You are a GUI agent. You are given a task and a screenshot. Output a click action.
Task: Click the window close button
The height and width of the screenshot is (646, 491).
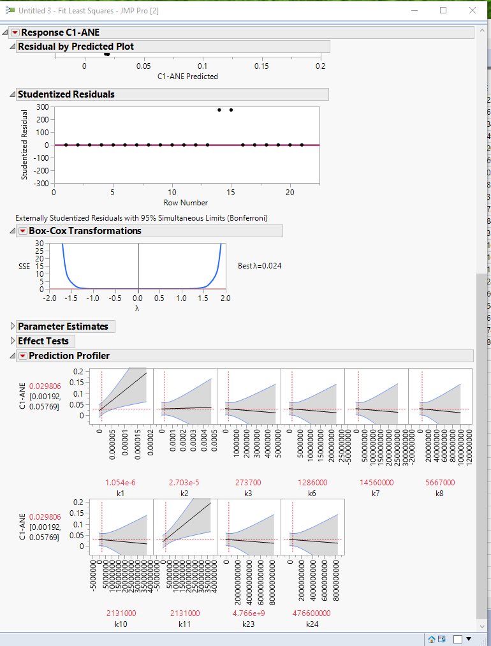[x=472, y=10]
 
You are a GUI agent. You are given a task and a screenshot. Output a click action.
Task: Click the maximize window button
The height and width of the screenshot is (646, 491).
[x=443, y=10]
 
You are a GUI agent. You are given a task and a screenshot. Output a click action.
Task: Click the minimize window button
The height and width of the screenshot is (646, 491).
[x=414, y=10]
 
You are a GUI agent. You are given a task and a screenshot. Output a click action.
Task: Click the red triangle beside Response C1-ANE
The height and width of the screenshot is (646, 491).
[x=15, y=33]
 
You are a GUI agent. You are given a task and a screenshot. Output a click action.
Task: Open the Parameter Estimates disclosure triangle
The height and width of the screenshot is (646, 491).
[x=12, y=327]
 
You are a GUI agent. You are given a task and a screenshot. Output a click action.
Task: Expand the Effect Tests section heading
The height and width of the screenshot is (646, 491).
[x=12, y=341]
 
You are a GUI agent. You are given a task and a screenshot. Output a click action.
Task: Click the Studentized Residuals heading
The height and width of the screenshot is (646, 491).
[x=66, y=94]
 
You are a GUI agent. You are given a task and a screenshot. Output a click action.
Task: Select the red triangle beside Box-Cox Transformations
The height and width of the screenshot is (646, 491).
[x=23, y=231]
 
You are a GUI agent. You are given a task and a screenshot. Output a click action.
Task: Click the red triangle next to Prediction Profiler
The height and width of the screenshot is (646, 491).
[x=23, y=356]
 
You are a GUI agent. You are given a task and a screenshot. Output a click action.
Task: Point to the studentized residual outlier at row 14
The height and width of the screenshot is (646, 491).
[x=219, y=110]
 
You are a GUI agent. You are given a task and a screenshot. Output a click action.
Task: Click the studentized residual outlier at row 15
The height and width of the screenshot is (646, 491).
[x=231, y=110]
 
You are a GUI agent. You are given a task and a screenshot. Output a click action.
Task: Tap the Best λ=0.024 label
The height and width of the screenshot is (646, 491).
[x=260, y=266]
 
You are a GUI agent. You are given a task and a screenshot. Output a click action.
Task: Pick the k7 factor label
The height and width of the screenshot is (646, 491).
[x=376, y=493]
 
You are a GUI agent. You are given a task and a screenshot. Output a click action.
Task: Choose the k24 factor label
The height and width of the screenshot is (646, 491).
[x=312, y=624]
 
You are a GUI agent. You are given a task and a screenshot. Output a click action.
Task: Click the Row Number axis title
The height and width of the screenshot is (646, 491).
[x=186, y=203]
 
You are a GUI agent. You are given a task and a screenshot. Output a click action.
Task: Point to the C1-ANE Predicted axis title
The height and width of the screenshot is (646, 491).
[x=187, y=77]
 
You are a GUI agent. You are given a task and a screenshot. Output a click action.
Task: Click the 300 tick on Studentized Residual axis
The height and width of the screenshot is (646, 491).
[x=43, y=106]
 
